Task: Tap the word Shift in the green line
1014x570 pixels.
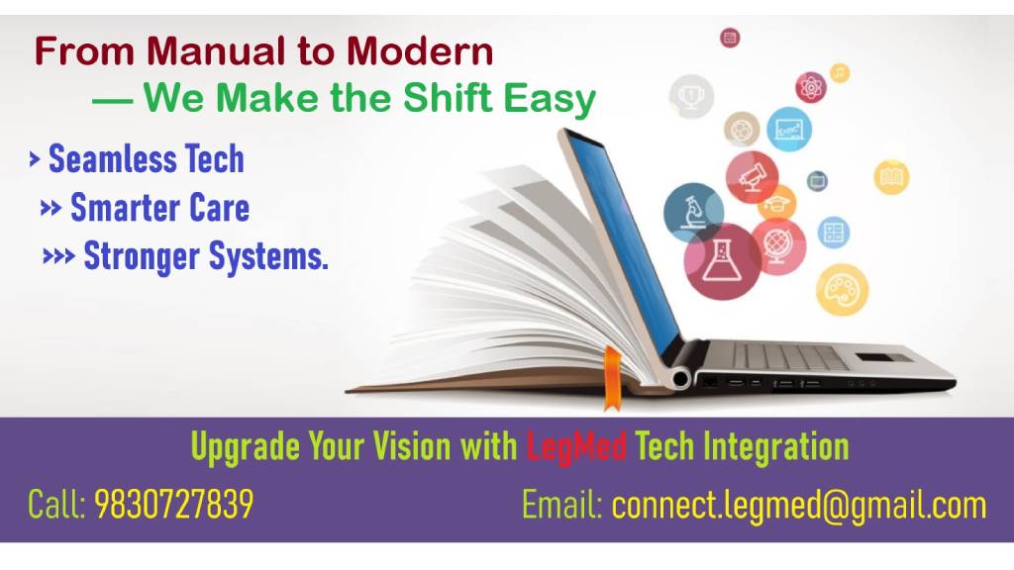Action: (x=448, y=98)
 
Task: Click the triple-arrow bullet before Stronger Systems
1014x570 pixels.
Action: (x=58, y=256)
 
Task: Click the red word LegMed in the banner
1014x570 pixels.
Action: (x=577, y=446)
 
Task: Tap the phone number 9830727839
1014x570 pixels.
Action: (x=174, y=504)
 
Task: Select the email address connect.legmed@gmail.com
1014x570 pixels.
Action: (x=799, y=506)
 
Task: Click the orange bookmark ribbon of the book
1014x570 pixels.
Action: (x=612, y=378)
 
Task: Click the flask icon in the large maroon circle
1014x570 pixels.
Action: (x=722, y=261)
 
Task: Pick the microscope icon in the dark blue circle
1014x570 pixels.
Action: (x=693, y=213)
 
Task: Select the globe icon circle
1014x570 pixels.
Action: (x=778, y=245)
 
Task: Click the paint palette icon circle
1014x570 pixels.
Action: (x=842, y=290)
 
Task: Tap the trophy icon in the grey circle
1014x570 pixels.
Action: (x=691, y=97)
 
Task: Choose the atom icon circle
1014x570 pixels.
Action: (x=811, y=87)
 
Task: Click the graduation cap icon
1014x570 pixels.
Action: (x=776, y=203)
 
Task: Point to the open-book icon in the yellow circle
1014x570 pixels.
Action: (x=891, y=176)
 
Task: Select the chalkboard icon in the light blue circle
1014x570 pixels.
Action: (x=789, y=130)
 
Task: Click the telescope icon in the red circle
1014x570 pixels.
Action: (x=752, y=176)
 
